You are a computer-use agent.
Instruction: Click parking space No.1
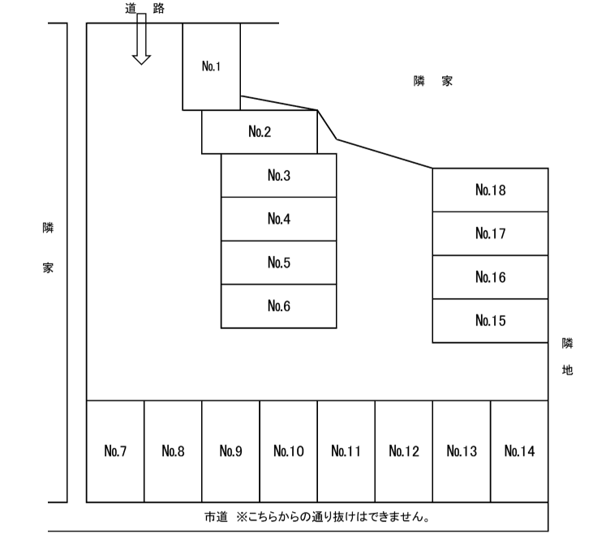pyautogui.click(x=211, y=66)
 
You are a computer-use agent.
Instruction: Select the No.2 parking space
pyautogui.click(x=260, y=132)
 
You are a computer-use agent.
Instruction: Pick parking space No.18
pyautogui.click(x=490, y=190)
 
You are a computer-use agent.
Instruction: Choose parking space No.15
pyautogui.click(x=490, y=321)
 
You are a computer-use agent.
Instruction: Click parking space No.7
pyautogui.click(x=115, y=451)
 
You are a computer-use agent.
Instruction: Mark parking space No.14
pyautogui.click(x=519, y=451)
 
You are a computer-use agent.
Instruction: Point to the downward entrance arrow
pyautogui.click(x=141, y=41)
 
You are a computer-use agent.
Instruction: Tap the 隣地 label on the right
pyautogui.click(x=568, y=357)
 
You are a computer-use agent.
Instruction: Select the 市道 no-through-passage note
pyautogui.click(x=317, y=516)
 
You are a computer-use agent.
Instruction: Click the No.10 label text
pyautogui.click(x=288, y=451)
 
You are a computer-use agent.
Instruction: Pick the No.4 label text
pyautogui.click(x=279, y=220)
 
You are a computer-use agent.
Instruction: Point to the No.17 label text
pyautogui.click(x=490, y=234)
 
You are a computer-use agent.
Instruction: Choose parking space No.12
pyautogui.click(x=403, y=451)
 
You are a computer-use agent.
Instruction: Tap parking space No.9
pyautogui.click(x=230, y=451)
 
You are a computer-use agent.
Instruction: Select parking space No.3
pyautogui.click(x=278, y=176)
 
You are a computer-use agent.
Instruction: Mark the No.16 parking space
pyautogui.click(x=490, y=278)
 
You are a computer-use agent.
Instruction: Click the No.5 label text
pyautogui.click(x=279, y=263)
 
